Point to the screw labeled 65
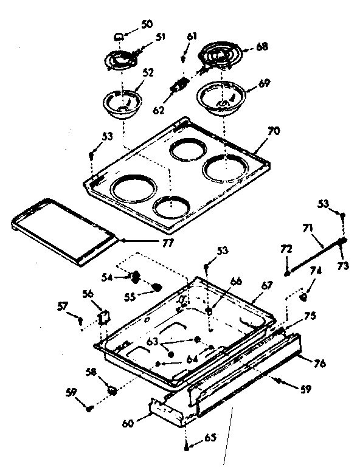click(186, 447)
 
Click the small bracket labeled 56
click(104, 317)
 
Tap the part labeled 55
click(157, 287)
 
